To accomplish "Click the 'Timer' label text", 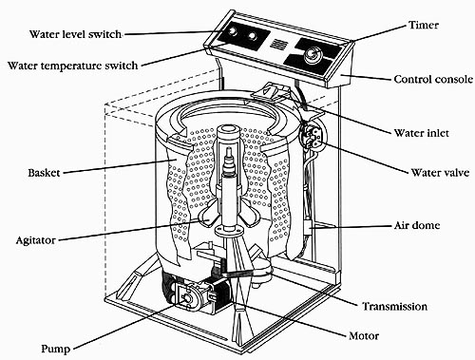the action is [424, 25].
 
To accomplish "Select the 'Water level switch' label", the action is [75, 34].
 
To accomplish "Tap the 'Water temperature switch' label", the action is [73, 66].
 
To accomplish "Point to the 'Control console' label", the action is [433, 79].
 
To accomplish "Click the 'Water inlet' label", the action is [421, 133].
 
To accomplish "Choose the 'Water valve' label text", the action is [440, 173].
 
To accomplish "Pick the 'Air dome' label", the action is [417, 225].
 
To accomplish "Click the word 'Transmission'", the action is [395, 306].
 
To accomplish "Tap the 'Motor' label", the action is [364, 335].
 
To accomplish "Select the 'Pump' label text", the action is [56, 349].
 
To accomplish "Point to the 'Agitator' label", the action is [36, 240].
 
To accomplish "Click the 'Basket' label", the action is [44, 173].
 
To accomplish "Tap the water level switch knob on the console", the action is [233, 31].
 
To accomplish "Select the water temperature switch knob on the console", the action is [253, 36].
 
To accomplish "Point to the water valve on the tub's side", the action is [313, 135].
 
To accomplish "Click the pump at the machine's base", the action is [186, 295].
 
